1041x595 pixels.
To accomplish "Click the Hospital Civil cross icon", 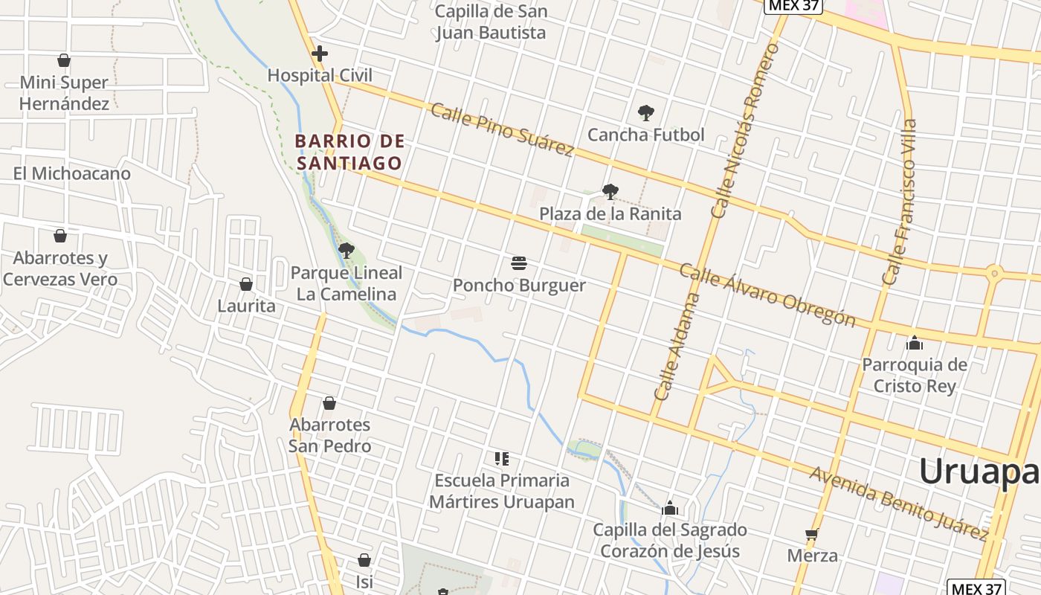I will pos(320,54).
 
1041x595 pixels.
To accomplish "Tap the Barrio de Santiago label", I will pos(349,152).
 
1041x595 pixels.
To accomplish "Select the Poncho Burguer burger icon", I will pos(519,263).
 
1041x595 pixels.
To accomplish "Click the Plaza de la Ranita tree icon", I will pos(610,192).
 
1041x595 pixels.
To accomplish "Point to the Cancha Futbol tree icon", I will pos(645,113).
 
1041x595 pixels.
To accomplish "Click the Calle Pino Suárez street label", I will pos(502,129).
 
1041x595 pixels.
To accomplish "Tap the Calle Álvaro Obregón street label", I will pos(767,295).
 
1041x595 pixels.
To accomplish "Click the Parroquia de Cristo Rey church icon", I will pos(915,343).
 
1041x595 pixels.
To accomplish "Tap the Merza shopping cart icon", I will pos(812,534).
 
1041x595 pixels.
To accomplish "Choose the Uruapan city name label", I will pos(979,472).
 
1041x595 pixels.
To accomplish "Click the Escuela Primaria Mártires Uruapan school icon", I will pos(502,458).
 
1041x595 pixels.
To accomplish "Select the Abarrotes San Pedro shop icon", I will pos(329,403).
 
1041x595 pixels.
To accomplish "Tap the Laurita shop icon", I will pos(246,284).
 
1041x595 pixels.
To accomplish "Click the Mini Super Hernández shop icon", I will pos(64,60).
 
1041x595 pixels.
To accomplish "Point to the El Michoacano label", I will pos(71,173).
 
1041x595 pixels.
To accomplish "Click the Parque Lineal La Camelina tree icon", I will pos(346,251).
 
